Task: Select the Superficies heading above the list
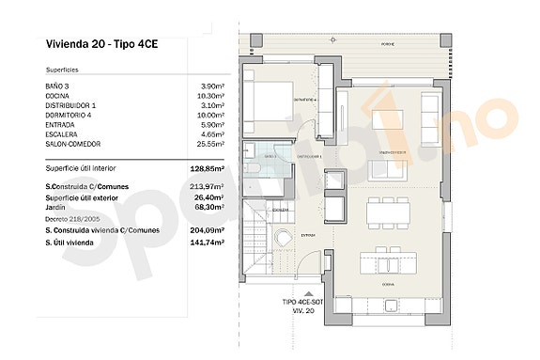click(62, 70)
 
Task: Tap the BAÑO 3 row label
click(58, 86)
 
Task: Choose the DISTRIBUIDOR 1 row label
click(70, 106)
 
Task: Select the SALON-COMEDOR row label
click(72, 144)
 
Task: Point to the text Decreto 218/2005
click(71, 218)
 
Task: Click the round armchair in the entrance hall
click(285, 242)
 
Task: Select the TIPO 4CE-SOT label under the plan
click(302, 303)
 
